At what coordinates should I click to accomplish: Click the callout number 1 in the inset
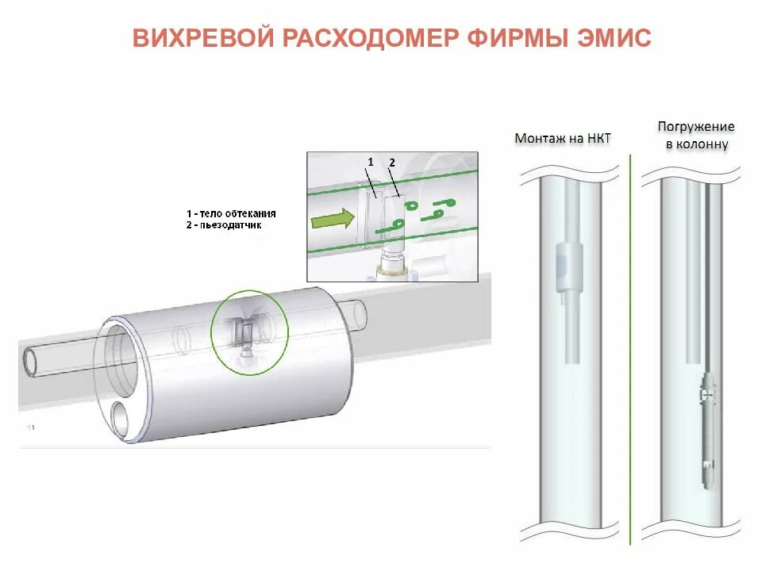pyautogui.click(x=370, y=162)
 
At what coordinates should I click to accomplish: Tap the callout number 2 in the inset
pyautogui.click(x=391, y=163)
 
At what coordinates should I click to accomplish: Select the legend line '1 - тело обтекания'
pyautogui.click(x=232, y=214)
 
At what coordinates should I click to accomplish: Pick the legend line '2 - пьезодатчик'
pyautogui.click(x=226, y=225)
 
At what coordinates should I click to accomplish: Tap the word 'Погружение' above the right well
pyautogui.click(x=696, y=127)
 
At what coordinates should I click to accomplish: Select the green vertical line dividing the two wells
pyautogui.click(x=631, y=349)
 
